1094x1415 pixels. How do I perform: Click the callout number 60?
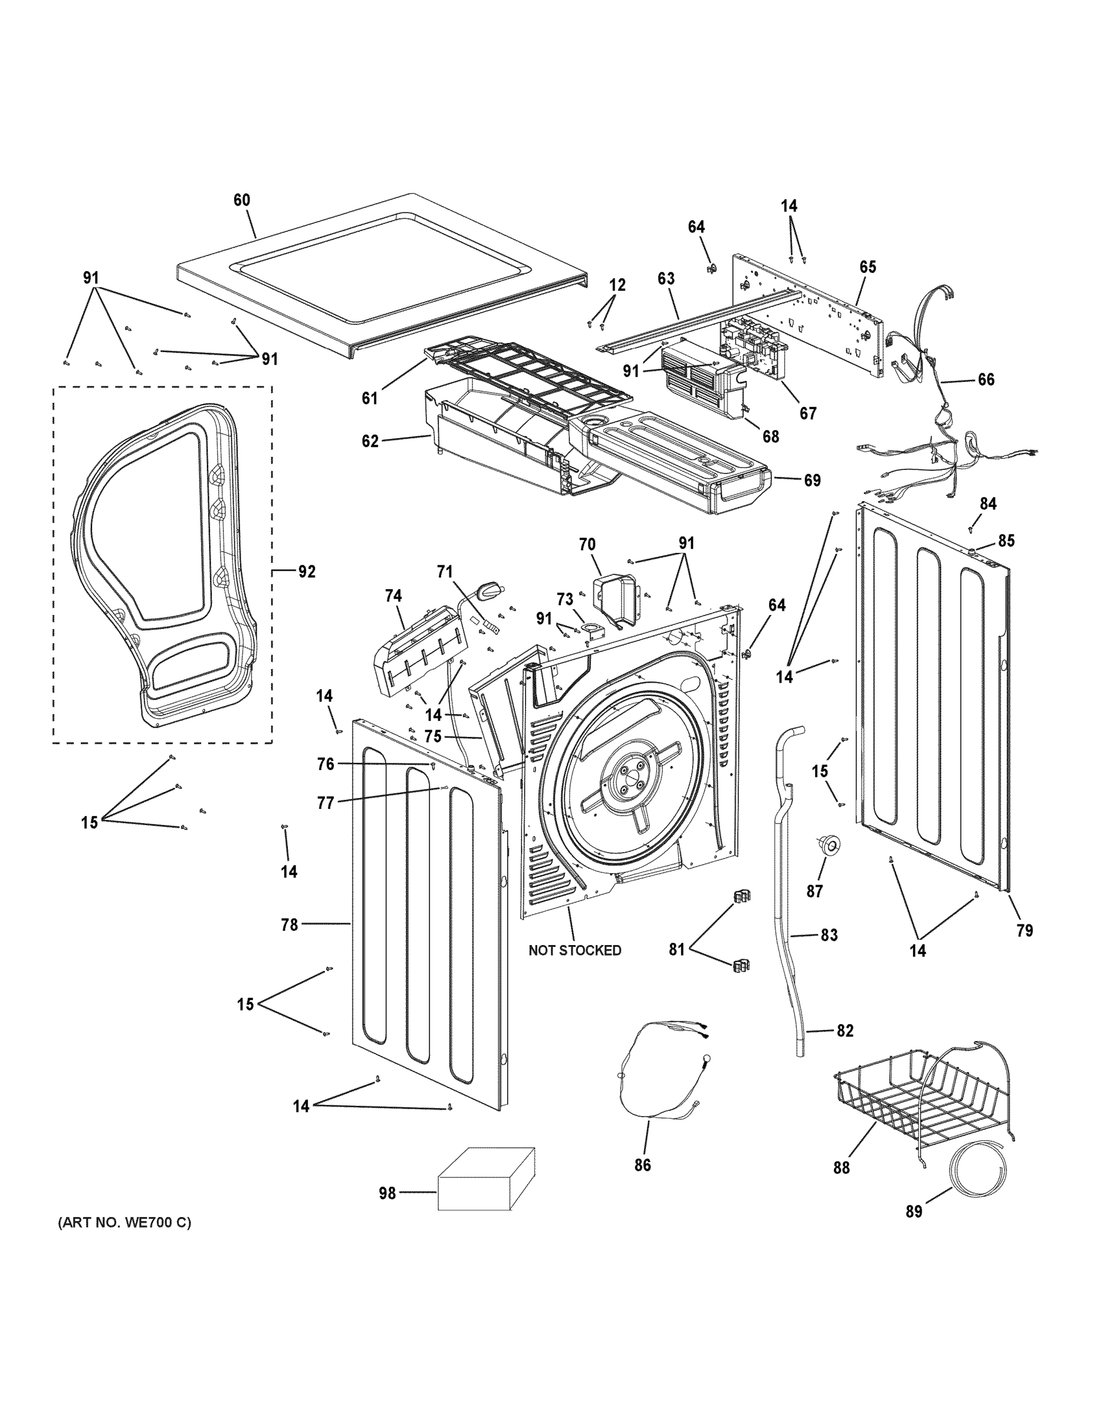[241, 200]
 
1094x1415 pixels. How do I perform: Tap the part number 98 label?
[387, 1193]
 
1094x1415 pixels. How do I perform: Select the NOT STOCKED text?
[574, 950]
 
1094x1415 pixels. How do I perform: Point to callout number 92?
[307, 571]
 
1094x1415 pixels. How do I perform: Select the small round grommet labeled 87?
[828, 844]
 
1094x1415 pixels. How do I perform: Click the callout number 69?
[812, 480]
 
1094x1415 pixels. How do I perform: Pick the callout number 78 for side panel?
[289, 925]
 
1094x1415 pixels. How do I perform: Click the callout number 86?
[642, 1165]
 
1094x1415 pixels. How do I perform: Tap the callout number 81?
[676, 950]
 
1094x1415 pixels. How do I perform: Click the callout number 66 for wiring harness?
[985, 380]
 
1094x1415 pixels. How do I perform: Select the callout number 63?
[666, 279]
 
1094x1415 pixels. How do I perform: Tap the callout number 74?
[393, 595]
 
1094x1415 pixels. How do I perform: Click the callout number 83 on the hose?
[829, 935]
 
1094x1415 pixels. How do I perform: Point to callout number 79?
[1024, 930]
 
